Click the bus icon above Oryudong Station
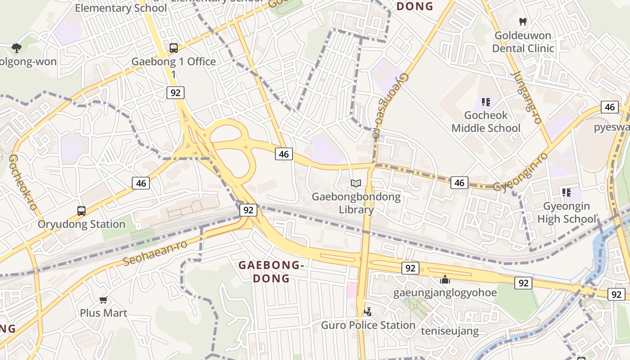click(81, 211)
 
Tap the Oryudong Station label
click(81, 224)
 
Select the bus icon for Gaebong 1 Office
click(174, 48)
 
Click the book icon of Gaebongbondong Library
click(356, 183)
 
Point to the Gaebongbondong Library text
click(356, 203)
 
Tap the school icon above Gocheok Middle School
click(486, 102)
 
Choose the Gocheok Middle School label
click(486, 121)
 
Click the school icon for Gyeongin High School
click(567, 193)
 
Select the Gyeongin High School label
click(567, 212)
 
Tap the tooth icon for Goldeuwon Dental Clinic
click(523, 22)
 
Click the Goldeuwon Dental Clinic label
click(523, 42)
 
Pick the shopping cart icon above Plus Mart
click(103, 300)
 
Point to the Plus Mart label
click(103, 313)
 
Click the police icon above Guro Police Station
click(368, 311)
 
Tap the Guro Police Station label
click(368, 325)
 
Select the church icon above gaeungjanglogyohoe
click(445, 279)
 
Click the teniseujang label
click(450, 331)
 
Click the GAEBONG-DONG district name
click(271, 271)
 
